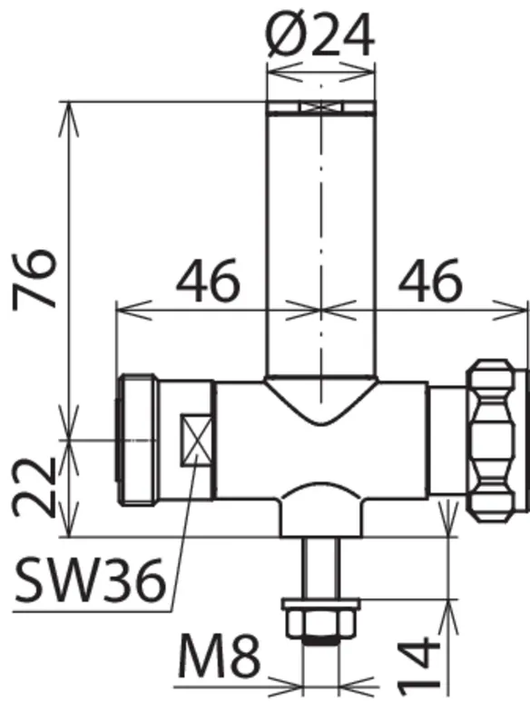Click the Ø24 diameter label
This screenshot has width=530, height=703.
coord(319,35)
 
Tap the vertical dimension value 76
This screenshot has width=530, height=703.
coord(34,280)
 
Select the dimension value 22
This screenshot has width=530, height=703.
coord(34,487)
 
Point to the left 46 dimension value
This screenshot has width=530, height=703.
coord(208,281)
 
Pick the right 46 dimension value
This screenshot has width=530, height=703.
coord(429,281)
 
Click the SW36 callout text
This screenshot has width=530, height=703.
coord(90,580)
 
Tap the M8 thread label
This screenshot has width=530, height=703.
coord(219,657)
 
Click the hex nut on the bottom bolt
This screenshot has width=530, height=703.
coord(320,624)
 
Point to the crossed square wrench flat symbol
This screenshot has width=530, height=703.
coord(196,440)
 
